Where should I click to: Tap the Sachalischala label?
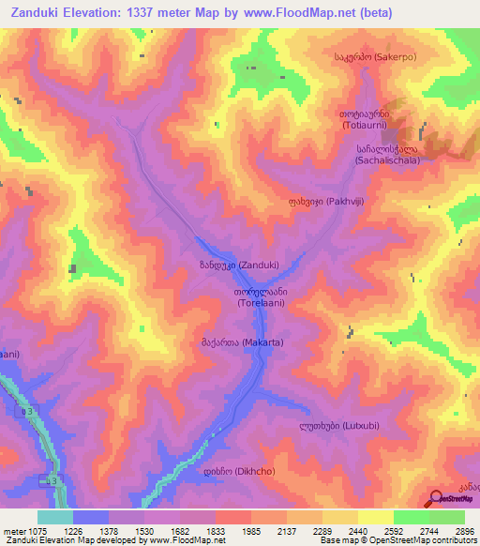386,154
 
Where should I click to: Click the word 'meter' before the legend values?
12,531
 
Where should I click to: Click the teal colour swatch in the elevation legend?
55,517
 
